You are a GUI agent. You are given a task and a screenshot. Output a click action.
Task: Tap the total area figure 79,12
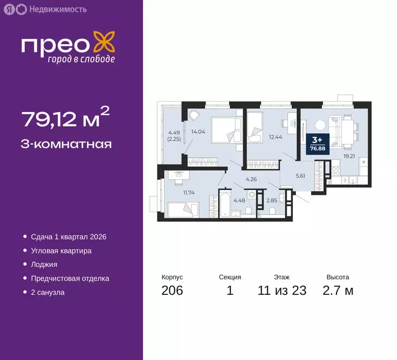(x=60, y=120)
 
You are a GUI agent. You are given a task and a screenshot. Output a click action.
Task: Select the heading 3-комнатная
(x=66, y=144)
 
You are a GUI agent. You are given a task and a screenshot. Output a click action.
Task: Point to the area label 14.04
(x=198, y=132)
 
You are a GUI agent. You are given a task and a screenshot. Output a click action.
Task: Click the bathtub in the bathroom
(x=225, y=204)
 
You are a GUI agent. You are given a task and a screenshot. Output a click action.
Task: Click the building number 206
(x=172, y=291)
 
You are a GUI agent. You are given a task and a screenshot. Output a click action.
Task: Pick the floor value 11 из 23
(x=282, y=291)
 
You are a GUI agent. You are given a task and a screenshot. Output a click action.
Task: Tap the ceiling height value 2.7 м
(x=337, y=291)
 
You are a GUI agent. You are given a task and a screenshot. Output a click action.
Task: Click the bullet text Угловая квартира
(x=61, y=251)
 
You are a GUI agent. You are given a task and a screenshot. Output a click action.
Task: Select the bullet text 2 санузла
(x=48, y=292)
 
